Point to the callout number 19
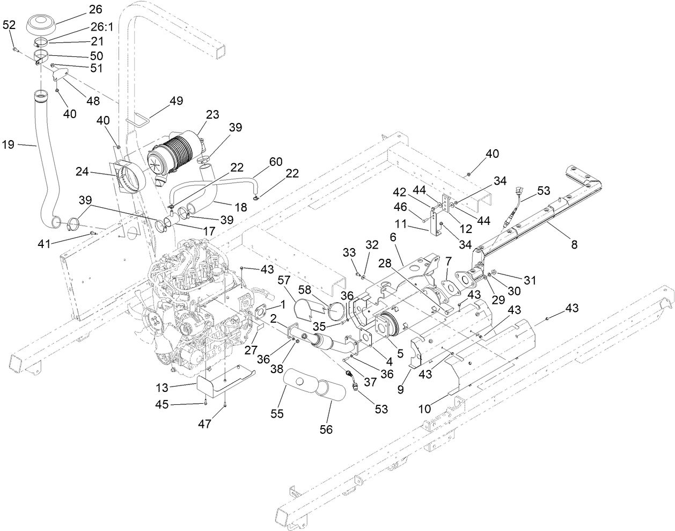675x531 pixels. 10,144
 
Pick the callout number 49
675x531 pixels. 176,100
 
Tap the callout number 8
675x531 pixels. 574,245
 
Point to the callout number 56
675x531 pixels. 326,429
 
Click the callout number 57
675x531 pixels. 284,280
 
